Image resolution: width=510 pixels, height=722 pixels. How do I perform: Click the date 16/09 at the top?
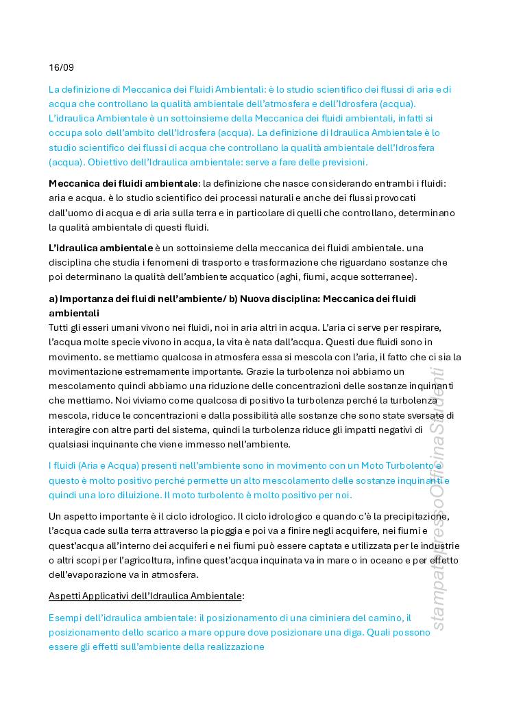point(61,67)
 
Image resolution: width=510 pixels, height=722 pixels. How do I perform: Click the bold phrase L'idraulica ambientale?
point(101,247)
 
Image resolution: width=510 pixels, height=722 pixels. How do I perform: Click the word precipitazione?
point(418,516)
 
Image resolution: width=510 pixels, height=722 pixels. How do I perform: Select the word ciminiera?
point(342,618)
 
